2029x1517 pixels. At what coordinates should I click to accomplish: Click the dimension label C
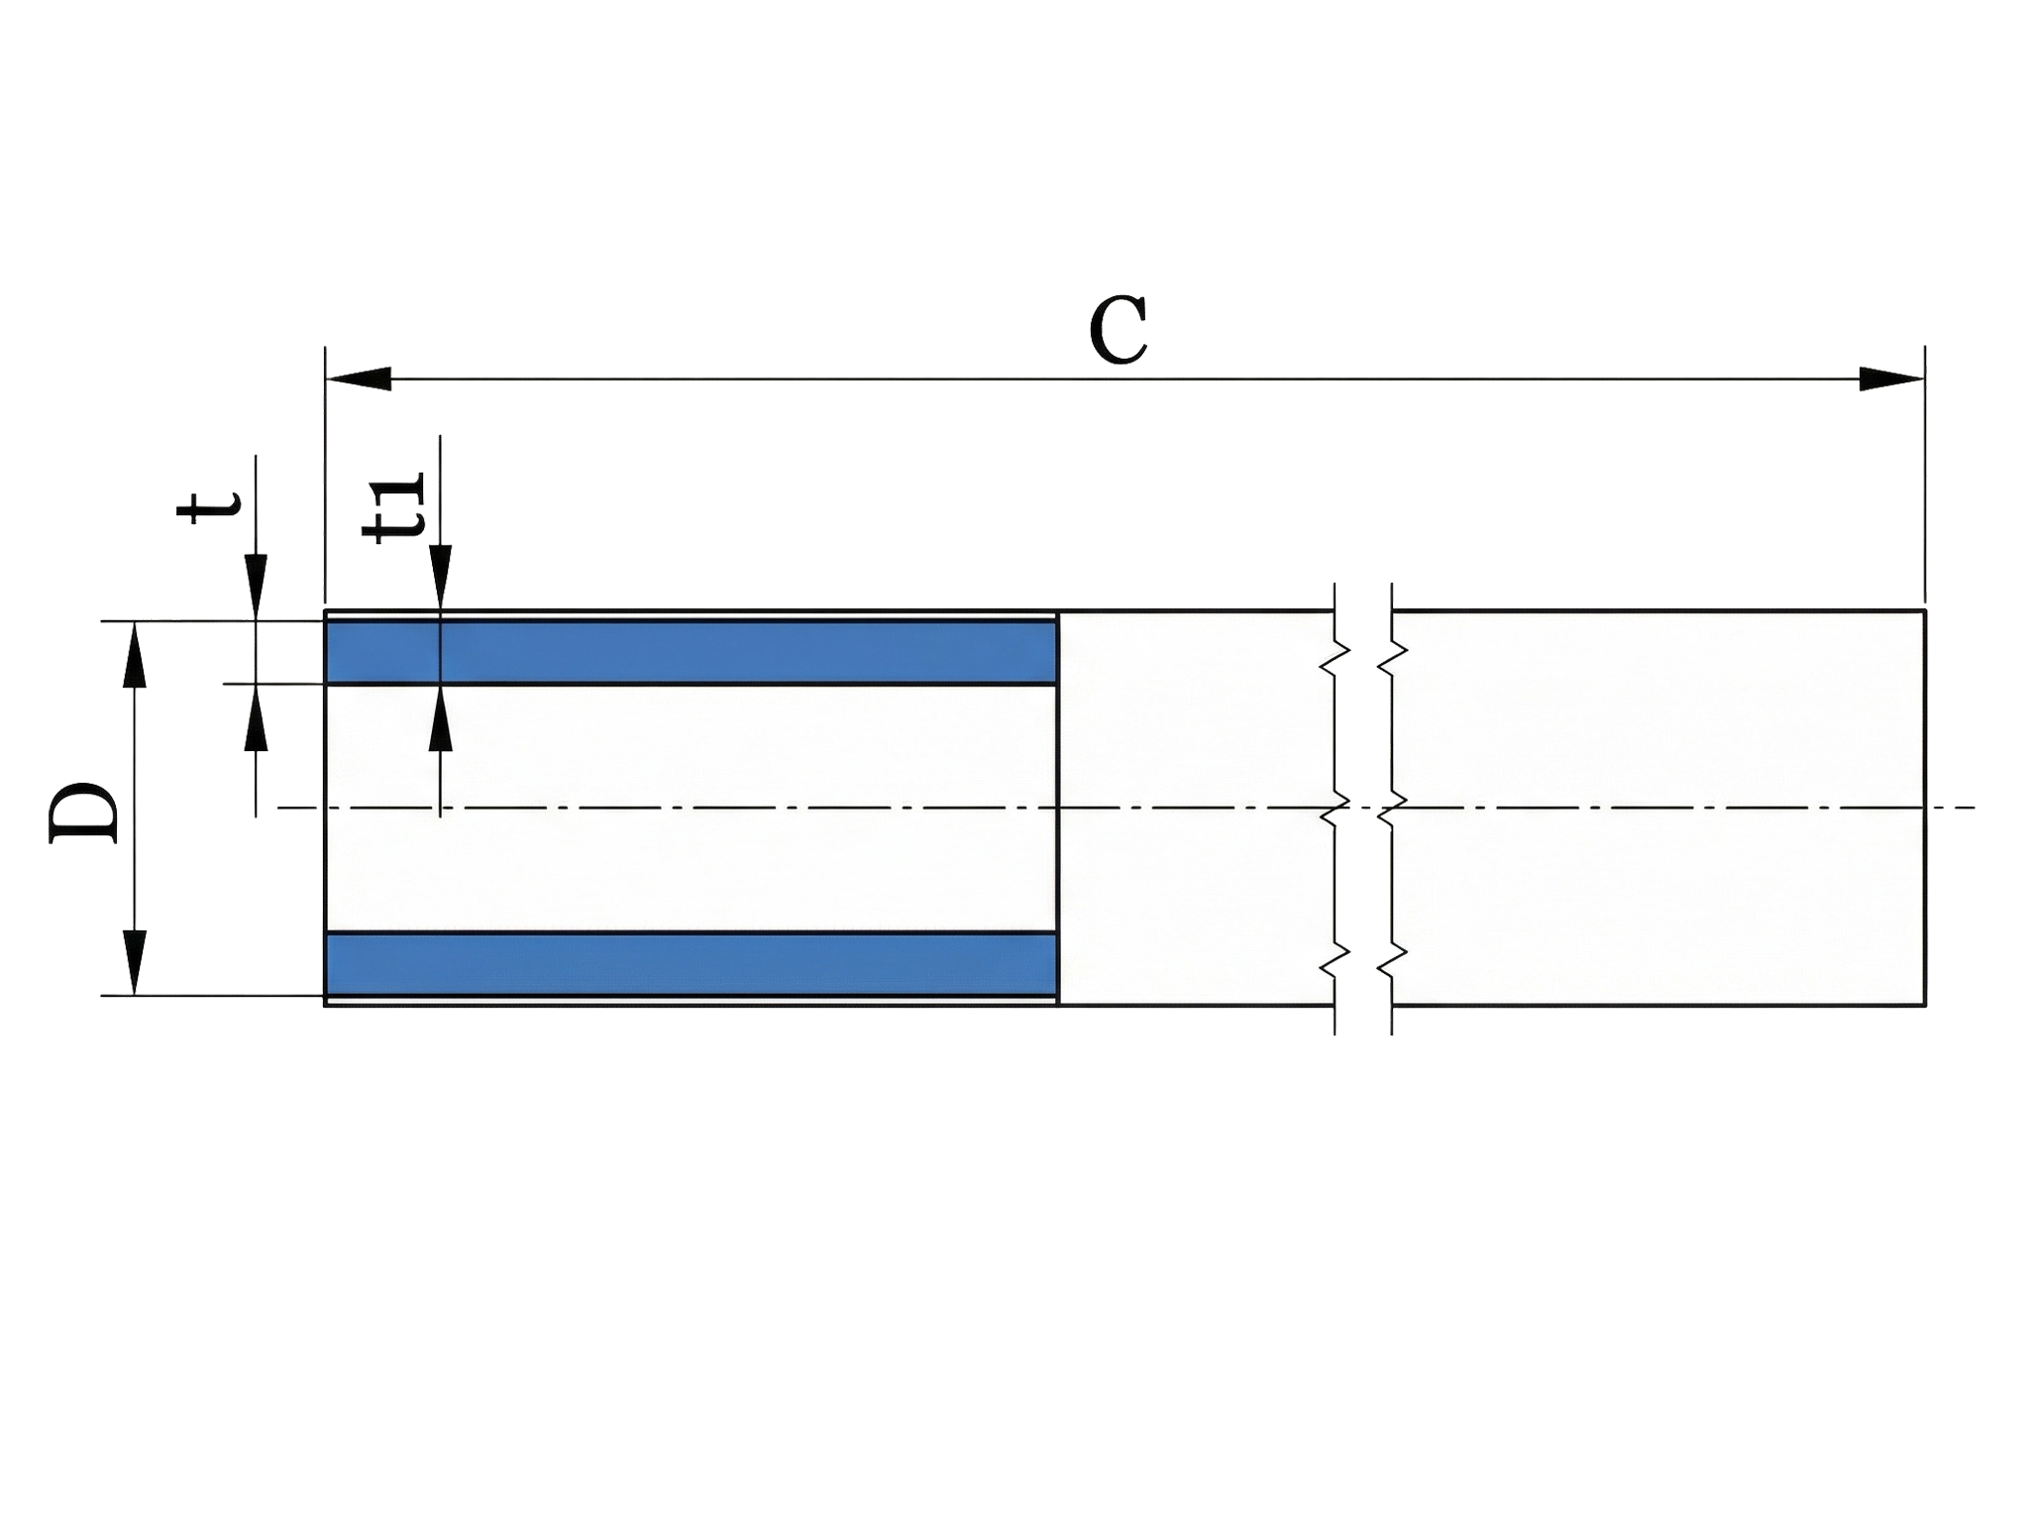1118,330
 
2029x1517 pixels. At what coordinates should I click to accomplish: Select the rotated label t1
395,506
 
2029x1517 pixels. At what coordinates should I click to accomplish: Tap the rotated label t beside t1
208,505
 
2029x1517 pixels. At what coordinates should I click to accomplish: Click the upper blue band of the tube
692,652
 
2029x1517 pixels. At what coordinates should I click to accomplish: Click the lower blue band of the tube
692,964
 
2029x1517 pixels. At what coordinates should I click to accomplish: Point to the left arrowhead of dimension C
359,379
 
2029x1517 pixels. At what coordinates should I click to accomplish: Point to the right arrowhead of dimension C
1891,379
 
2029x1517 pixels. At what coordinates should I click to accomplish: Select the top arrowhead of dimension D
135,655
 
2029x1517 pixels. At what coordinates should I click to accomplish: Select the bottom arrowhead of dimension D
135,962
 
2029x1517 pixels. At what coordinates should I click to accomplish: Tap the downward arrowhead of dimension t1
440,577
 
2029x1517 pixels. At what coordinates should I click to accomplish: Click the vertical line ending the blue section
1058,808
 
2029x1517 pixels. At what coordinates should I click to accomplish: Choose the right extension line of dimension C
1925,476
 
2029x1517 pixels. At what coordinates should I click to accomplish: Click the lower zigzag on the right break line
1392,957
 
